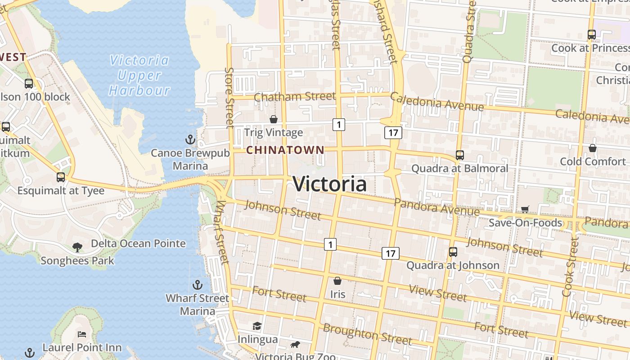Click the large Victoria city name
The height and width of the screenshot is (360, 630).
click(x=329, y=184)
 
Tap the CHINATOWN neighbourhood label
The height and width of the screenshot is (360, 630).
click(x=285, y=150)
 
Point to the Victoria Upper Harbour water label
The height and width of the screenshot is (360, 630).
click(x=139, y=75)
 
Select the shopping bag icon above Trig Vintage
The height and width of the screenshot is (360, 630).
click(x=273, y=119)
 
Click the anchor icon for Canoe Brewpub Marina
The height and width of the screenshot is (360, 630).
click(x=190, y=139)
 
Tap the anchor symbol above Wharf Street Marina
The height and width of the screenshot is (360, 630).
click(x=197, y=285)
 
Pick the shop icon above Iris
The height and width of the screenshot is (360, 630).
click(x=337, y=281)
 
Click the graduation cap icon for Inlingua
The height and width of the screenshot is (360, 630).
click(x=257, y=326)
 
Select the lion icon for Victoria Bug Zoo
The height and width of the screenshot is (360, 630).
click(x=295, y=345)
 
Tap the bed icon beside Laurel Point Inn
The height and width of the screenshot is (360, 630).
click(x=81, y=334)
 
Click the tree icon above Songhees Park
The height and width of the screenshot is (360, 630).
click(x=77, y=247)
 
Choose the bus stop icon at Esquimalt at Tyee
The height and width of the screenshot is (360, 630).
click(x=61, y=177)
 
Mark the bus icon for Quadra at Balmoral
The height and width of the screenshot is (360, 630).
click(x=459, y=155)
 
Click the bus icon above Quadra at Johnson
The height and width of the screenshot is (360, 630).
click(x=453, y=252)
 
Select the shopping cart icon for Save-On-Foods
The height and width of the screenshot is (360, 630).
click(x=525, y=209)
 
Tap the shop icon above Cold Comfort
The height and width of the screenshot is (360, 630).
click(x=593, y=148)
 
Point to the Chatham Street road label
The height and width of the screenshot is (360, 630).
click(x=295, y=96)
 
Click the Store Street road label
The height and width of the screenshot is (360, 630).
click(x=229, y=97)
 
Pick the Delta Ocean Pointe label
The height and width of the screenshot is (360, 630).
click(x=138, y=243)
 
